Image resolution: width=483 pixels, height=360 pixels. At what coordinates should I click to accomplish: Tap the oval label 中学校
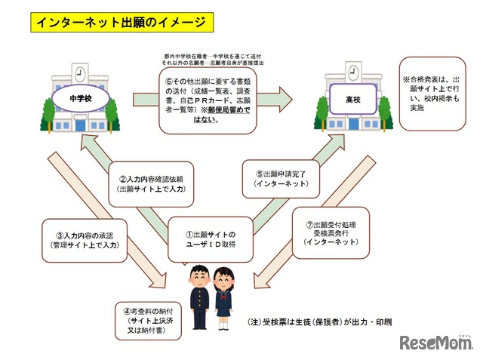click(77, 98)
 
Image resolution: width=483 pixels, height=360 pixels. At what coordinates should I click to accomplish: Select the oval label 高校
click(352, 97)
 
